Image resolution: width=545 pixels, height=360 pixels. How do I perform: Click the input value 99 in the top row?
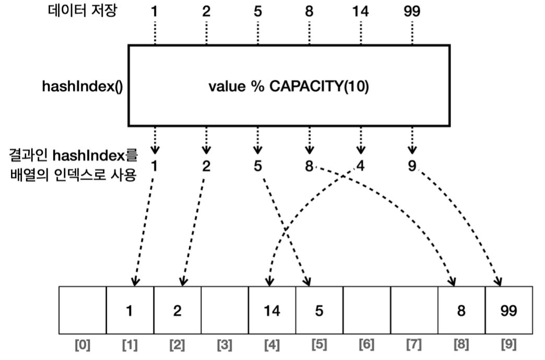(411, 11)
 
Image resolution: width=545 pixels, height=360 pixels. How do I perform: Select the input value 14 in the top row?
(360, 11)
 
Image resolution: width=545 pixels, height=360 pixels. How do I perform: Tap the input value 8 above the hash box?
(309, 11)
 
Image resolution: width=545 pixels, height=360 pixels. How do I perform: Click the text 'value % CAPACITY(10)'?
(289, 87)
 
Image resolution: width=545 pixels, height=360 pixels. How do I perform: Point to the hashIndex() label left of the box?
(82, 87)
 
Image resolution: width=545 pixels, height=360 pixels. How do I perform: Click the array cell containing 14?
(272, 311)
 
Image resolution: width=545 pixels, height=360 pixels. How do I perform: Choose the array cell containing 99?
(508, 311)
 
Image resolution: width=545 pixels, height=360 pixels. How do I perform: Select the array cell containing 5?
(319, 311)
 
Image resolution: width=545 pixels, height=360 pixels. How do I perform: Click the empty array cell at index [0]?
(82, 311)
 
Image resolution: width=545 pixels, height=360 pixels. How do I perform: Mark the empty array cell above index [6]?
(366, 311)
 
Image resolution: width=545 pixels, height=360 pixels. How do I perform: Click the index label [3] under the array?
(224, 345)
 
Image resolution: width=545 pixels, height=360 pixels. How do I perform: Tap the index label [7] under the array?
(414, 345)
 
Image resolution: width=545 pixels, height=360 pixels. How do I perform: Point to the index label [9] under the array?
(508, 345)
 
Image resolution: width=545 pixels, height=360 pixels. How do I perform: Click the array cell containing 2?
(177, 311)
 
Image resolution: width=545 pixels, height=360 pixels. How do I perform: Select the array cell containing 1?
(130, 311)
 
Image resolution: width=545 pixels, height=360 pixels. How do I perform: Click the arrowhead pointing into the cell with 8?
(454, 282)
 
